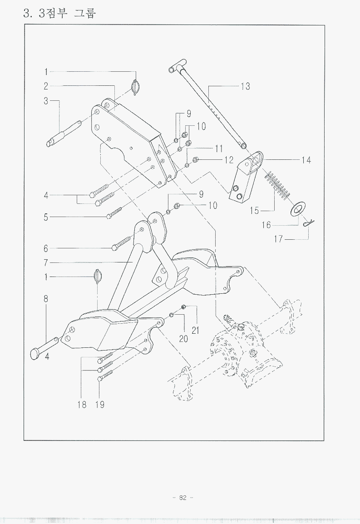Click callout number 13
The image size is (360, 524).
(x=245, y=86)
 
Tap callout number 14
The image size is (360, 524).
(x=306, y=160)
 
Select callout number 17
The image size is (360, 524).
(x=278, y=239)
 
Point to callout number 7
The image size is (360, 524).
(x=46, y=262)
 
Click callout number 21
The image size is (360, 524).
(x=196, y=331)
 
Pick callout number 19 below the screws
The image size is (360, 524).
(x=99, y=404)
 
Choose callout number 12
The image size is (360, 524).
(x=228, y=160)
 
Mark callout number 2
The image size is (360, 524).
(x=46, y=86)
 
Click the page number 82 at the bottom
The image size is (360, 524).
(x=182, y=498)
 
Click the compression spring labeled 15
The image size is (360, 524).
(x=277, y=184)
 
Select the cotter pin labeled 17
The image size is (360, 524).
(x=310, y=222)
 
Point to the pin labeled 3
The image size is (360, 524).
(x=64, y=134)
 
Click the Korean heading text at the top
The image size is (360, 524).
(x=59, y=13)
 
